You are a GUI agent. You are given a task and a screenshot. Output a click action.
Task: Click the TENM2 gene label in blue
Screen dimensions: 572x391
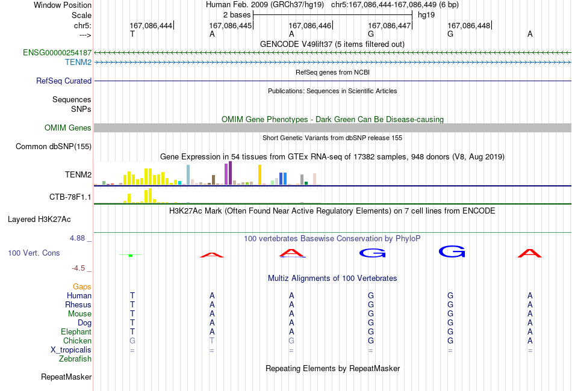pos(78,63)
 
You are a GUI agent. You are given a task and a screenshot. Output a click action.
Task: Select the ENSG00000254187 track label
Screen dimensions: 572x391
pos(57,52)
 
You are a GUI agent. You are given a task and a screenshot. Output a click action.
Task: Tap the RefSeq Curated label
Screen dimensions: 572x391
pos(63,81)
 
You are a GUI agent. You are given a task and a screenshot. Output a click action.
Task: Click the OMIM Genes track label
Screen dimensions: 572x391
pos(67,128)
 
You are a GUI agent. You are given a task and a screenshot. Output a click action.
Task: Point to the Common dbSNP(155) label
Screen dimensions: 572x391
pos(53,147)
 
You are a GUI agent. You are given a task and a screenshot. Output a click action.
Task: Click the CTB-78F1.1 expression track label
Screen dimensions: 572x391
pos(70,197)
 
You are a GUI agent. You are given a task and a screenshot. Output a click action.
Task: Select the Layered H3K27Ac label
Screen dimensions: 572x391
pos(39,220)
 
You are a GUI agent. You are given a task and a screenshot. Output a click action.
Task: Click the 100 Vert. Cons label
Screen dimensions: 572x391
pos(34,253)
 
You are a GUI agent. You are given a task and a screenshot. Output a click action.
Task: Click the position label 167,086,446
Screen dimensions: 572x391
pos(309,25)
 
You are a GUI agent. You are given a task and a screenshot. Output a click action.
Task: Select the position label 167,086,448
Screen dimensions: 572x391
pos(469,25)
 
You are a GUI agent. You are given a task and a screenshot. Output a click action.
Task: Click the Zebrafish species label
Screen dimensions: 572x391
pos(75,359)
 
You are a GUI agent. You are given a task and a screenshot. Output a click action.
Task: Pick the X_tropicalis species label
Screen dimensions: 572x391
pos(71,350)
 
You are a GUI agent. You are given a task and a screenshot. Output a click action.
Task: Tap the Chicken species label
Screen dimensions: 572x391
pos(77,340)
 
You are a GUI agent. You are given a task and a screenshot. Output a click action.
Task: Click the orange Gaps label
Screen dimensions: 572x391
pos(82,287)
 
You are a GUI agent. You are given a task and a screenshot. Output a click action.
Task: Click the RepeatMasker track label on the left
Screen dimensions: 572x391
pos(66,377)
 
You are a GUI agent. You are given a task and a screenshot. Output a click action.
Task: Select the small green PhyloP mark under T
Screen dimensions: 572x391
pos(131,256)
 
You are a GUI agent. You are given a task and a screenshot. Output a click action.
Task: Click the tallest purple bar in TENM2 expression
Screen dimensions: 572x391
pos(230,173)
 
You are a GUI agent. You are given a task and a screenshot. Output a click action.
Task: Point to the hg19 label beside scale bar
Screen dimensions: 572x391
pos(426,15)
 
